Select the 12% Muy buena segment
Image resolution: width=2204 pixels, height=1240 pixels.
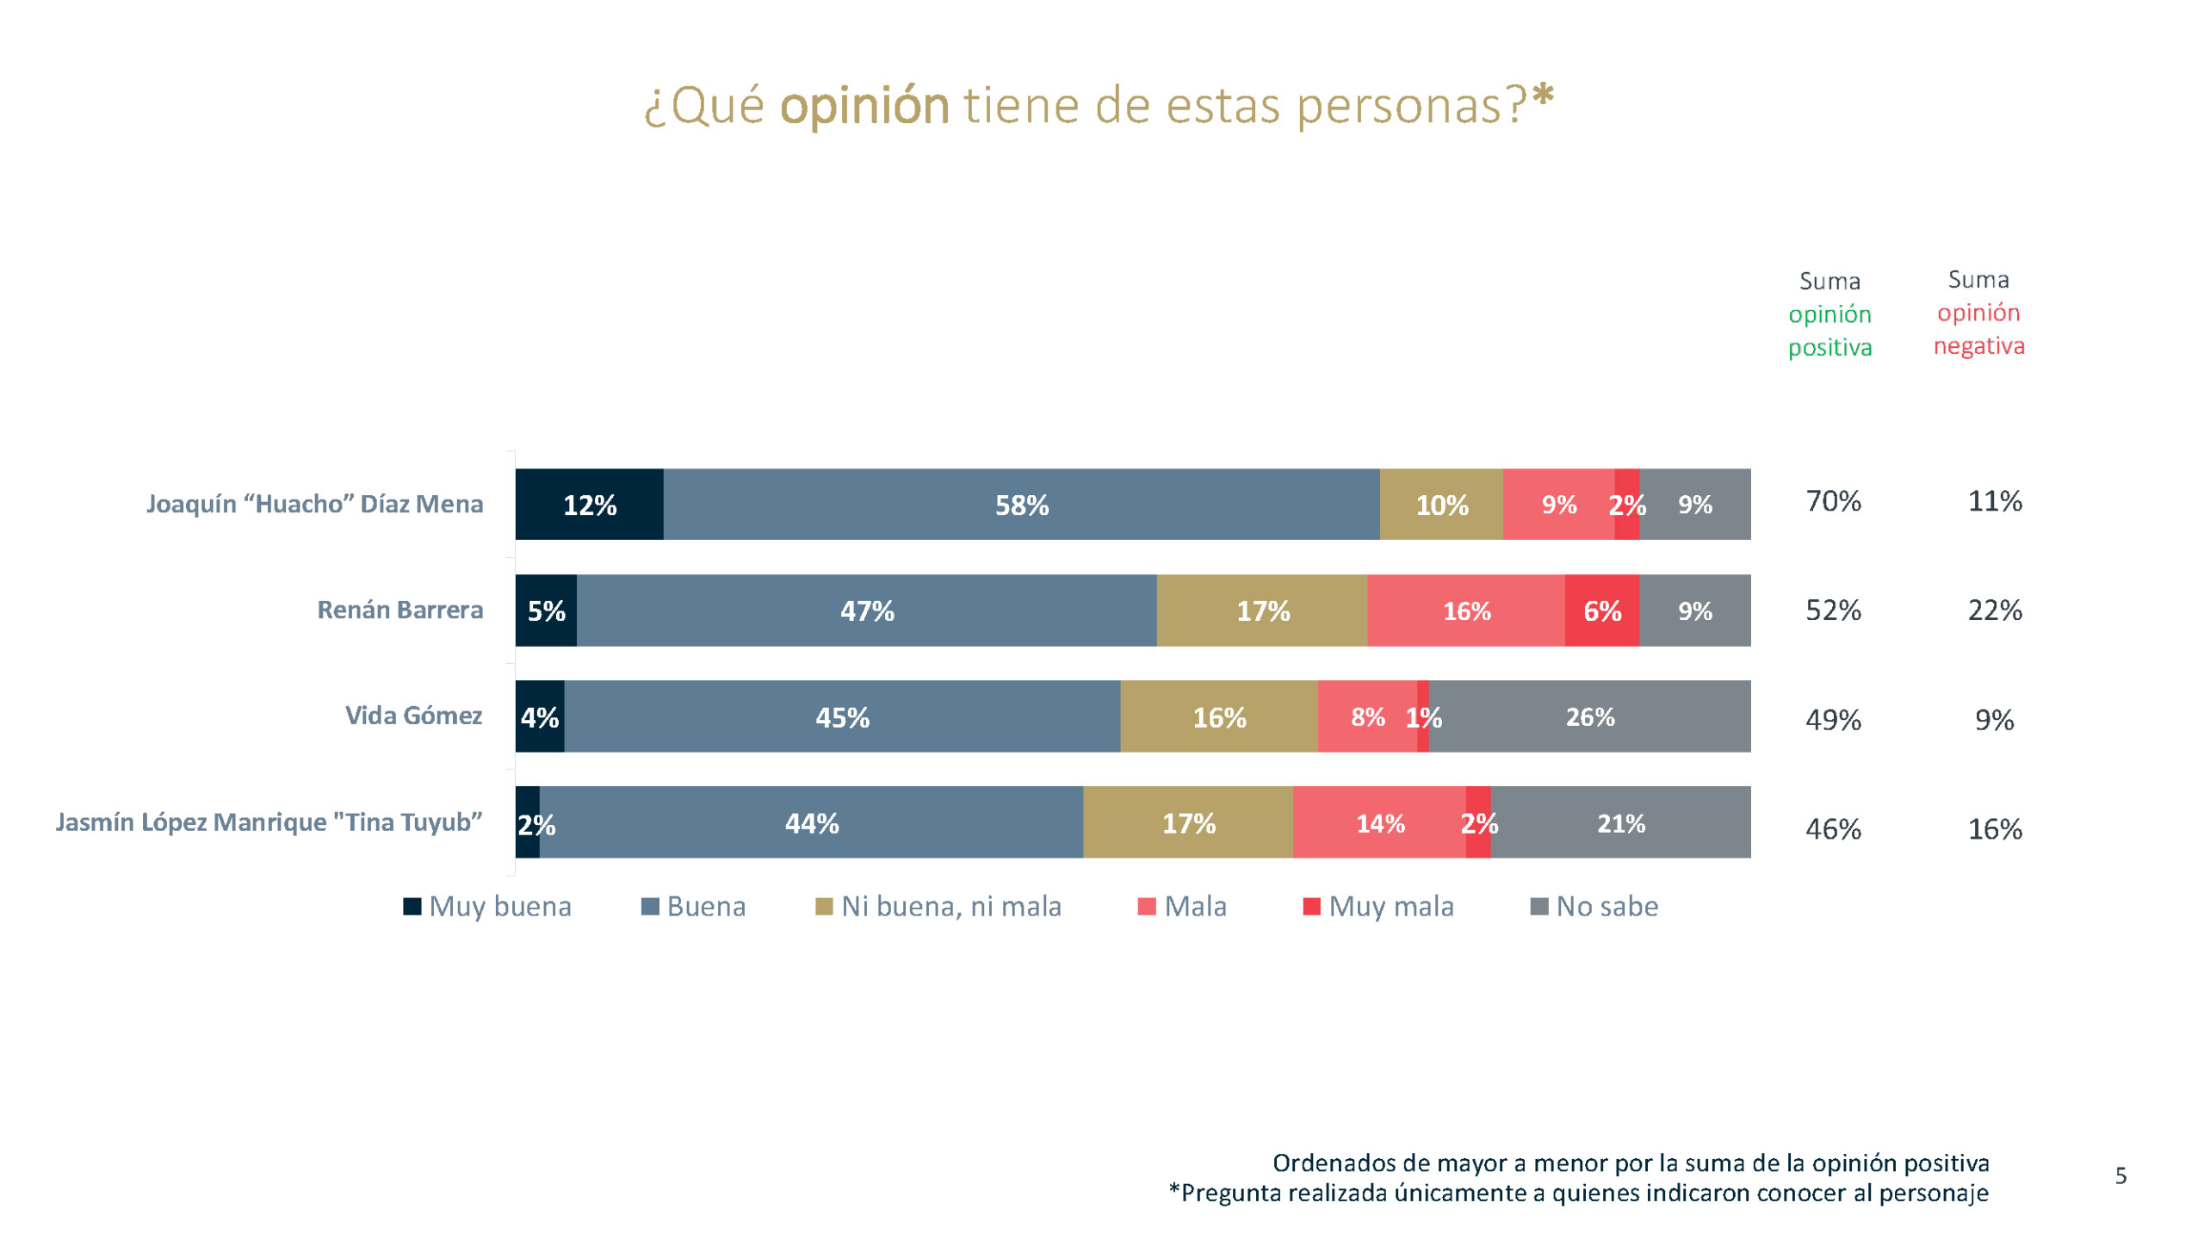589,505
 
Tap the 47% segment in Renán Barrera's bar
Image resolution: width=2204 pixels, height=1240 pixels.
866,611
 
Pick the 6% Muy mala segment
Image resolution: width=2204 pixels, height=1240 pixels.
1601,611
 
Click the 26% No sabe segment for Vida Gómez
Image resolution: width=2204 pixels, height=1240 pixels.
1589,716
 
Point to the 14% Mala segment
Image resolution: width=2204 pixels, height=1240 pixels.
1379,823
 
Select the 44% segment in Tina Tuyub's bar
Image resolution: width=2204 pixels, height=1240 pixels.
811,823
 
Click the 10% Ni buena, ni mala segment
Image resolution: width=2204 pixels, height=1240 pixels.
1441,505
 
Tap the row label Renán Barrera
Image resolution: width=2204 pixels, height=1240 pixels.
399,610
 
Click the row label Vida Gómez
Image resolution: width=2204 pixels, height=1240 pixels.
413,716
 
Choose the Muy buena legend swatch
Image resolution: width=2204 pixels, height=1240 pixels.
412,907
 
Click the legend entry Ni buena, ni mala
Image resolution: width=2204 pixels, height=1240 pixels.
950,907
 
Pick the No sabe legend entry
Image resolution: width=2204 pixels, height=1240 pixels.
1607,907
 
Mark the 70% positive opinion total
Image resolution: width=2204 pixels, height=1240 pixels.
1833,501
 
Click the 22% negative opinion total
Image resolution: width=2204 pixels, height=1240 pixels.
1995,611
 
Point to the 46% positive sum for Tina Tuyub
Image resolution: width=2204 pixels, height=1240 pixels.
1833,829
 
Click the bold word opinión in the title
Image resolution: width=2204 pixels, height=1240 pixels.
864,106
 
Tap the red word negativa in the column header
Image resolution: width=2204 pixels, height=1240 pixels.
1978,346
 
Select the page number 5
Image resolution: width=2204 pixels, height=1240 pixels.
2120,1176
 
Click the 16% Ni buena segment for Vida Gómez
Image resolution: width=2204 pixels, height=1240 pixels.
1219,716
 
